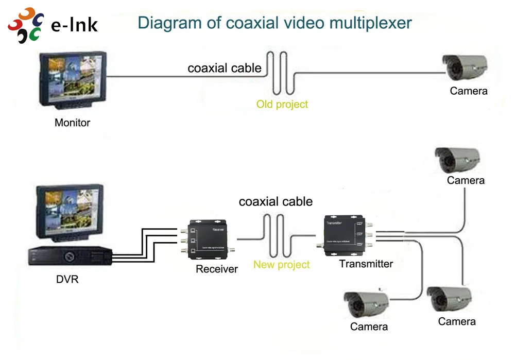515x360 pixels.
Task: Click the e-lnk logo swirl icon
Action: [27, 25]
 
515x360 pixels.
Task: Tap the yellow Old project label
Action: [282, 105]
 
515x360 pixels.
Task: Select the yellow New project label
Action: [281, 265]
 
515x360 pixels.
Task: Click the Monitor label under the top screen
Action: [72, 123]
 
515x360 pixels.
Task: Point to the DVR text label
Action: [67, 280]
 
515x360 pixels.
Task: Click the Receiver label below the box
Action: [216, 269]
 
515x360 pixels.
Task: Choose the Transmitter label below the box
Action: [366, 264]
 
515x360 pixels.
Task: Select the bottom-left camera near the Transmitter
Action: [367, 304]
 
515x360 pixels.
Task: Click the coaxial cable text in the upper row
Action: [224, 68]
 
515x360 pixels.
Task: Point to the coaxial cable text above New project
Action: [276, 201]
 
